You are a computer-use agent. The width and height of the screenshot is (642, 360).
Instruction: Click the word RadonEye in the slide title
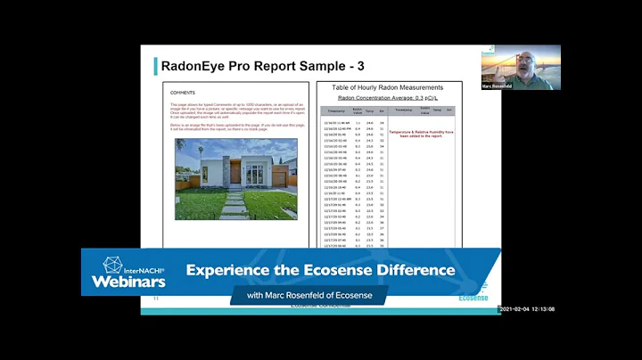pos(198,65)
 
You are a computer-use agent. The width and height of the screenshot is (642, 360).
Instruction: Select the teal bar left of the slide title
pos(155,65)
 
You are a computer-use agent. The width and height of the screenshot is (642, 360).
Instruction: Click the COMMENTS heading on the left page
pos(183,92)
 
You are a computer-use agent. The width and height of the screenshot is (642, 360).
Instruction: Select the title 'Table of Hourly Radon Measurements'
pos(387,87)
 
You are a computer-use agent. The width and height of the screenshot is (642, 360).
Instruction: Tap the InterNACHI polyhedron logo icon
pos(112,266)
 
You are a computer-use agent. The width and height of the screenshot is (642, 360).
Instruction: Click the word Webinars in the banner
pos(128,282)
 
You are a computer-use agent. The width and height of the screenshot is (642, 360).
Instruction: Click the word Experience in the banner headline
pos(229,270)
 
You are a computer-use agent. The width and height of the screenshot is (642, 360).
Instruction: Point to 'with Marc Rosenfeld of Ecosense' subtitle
pos(309,295)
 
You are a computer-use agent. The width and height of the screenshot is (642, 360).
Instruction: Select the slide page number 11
pos(157,299)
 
